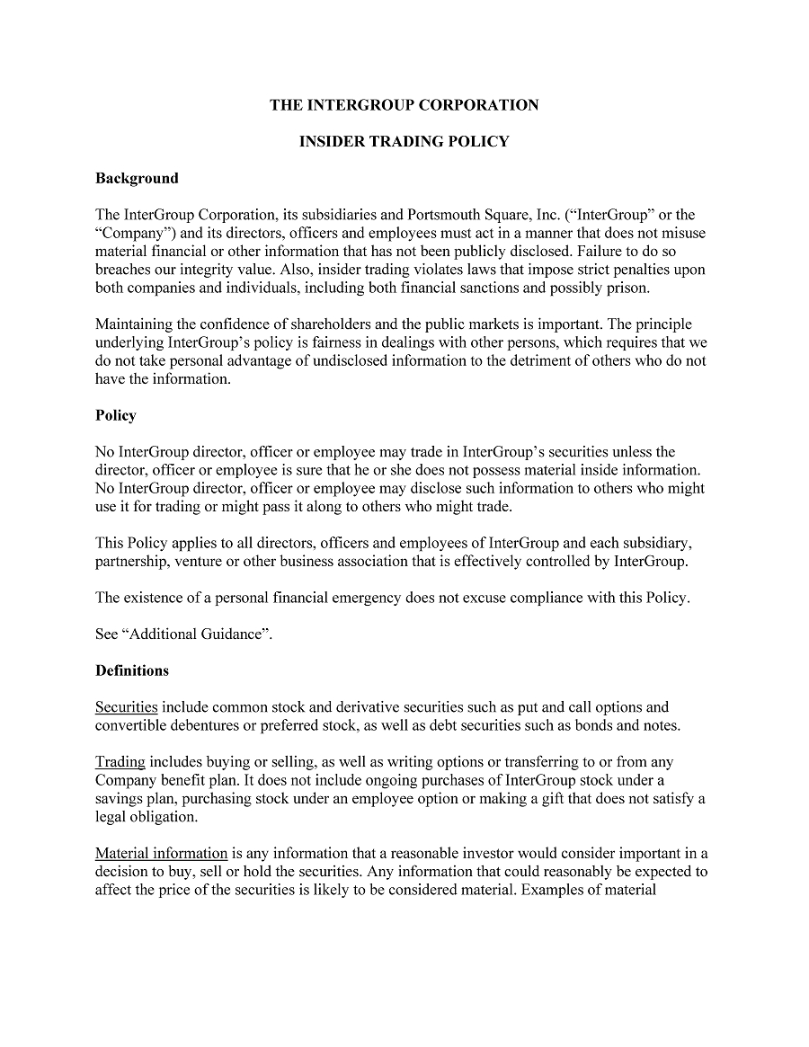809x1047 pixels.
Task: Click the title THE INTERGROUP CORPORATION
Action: (x=404, y=105)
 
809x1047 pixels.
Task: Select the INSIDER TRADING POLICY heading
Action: (x=404, y=141)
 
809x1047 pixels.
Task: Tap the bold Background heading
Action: (x=137, y=178)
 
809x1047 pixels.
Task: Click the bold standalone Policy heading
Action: (x=116, y=415)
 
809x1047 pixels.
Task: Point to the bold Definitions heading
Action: (x=132, y=670)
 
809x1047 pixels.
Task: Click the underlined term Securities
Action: (x=127, y=707)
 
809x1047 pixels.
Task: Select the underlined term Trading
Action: (x=120, y=762)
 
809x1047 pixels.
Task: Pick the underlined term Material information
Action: (x=162, y=853)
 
